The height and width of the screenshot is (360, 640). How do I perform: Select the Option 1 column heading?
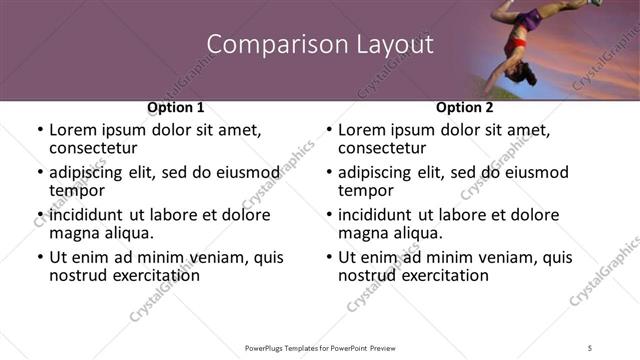pos(176,107)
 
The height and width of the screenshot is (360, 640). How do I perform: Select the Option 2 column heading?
pos(465,107)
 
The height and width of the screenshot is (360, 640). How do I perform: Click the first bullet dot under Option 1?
pos(39,131)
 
